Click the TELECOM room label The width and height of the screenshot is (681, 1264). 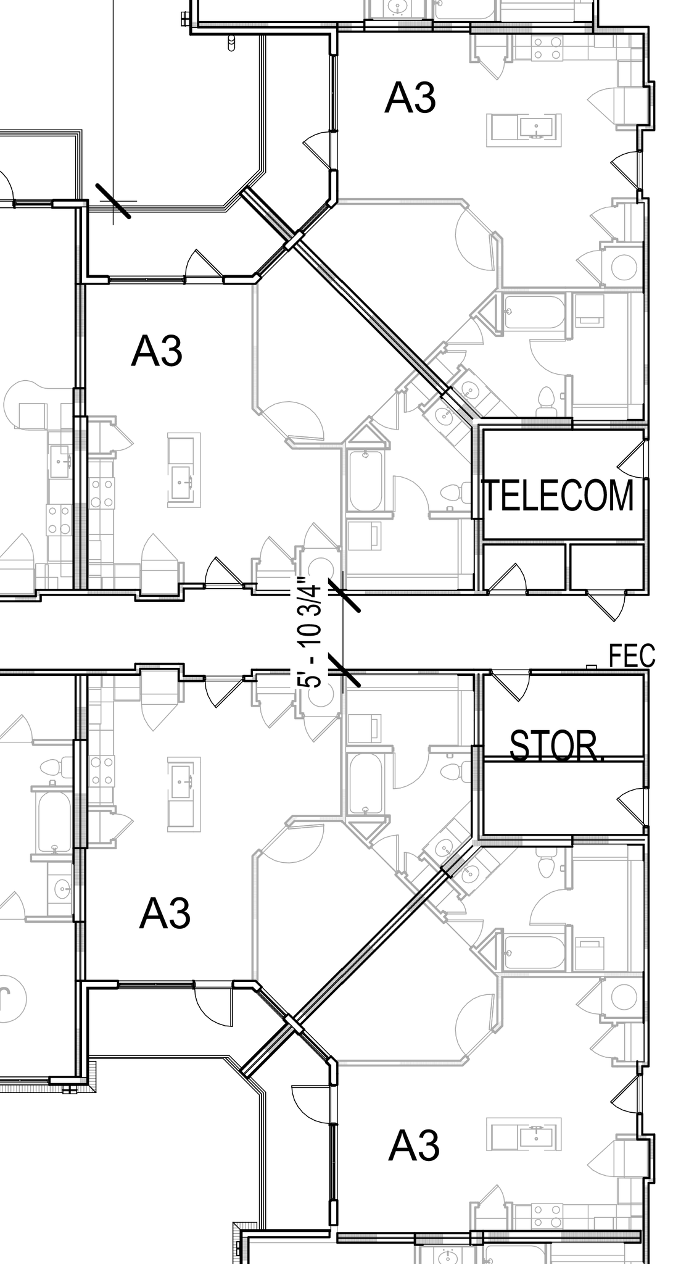point(558,495)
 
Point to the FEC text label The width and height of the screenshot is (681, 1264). point(632,655)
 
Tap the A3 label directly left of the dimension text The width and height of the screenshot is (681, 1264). point(157,351)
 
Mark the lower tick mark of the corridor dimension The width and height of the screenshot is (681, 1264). point(344,671)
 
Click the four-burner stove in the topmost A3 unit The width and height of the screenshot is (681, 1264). point(547,48)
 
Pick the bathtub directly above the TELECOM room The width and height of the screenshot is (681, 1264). point(533,312)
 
